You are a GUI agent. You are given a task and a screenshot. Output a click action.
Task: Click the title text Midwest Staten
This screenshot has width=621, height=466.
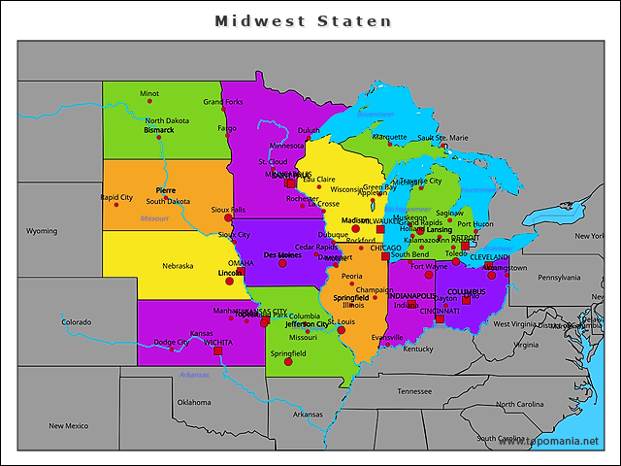point(303,20)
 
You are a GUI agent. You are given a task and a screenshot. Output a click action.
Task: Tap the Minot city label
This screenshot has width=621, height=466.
point(148,94)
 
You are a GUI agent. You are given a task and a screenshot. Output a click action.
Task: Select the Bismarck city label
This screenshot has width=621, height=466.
point(158,129)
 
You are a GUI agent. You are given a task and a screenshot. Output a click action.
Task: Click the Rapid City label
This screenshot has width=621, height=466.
point(116,197)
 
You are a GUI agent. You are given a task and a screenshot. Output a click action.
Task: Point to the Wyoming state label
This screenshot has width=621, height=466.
point(42,231)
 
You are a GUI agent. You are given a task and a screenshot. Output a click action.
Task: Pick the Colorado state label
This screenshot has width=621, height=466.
point(77,321)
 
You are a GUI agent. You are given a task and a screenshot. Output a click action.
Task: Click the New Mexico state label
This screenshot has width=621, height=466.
point(69,425)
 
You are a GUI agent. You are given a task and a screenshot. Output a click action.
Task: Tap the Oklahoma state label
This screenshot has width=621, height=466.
point(193,402)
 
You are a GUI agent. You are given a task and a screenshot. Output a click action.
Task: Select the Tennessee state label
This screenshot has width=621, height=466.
point(414,391)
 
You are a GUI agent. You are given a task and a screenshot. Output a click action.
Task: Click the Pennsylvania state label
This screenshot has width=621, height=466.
point(559,278)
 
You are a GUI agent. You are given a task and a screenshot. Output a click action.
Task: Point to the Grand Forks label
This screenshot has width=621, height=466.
point(222,102)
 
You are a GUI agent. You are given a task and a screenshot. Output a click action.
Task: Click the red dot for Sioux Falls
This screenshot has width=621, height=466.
point(229,217)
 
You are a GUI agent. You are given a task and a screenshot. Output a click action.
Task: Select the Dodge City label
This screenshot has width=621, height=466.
point(171,342)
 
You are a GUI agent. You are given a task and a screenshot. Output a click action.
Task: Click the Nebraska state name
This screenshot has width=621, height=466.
point(178,265)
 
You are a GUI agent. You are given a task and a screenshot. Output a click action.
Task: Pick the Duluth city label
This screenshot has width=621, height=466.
point(309,129)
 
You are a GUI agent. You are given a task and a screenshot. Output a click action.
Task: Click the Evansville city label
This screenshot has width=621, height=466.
point(387,337)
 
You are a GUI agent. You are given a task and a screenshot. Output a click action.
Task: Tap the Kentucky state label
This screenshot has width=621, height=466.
point(418,349)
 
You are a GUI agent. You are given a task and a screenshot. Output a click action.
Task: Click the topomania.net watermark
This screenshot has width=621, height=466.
point(555,442)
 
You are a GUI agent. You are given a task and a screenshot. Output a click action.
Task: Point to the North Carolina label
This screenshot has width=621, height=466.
point(520,404)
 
